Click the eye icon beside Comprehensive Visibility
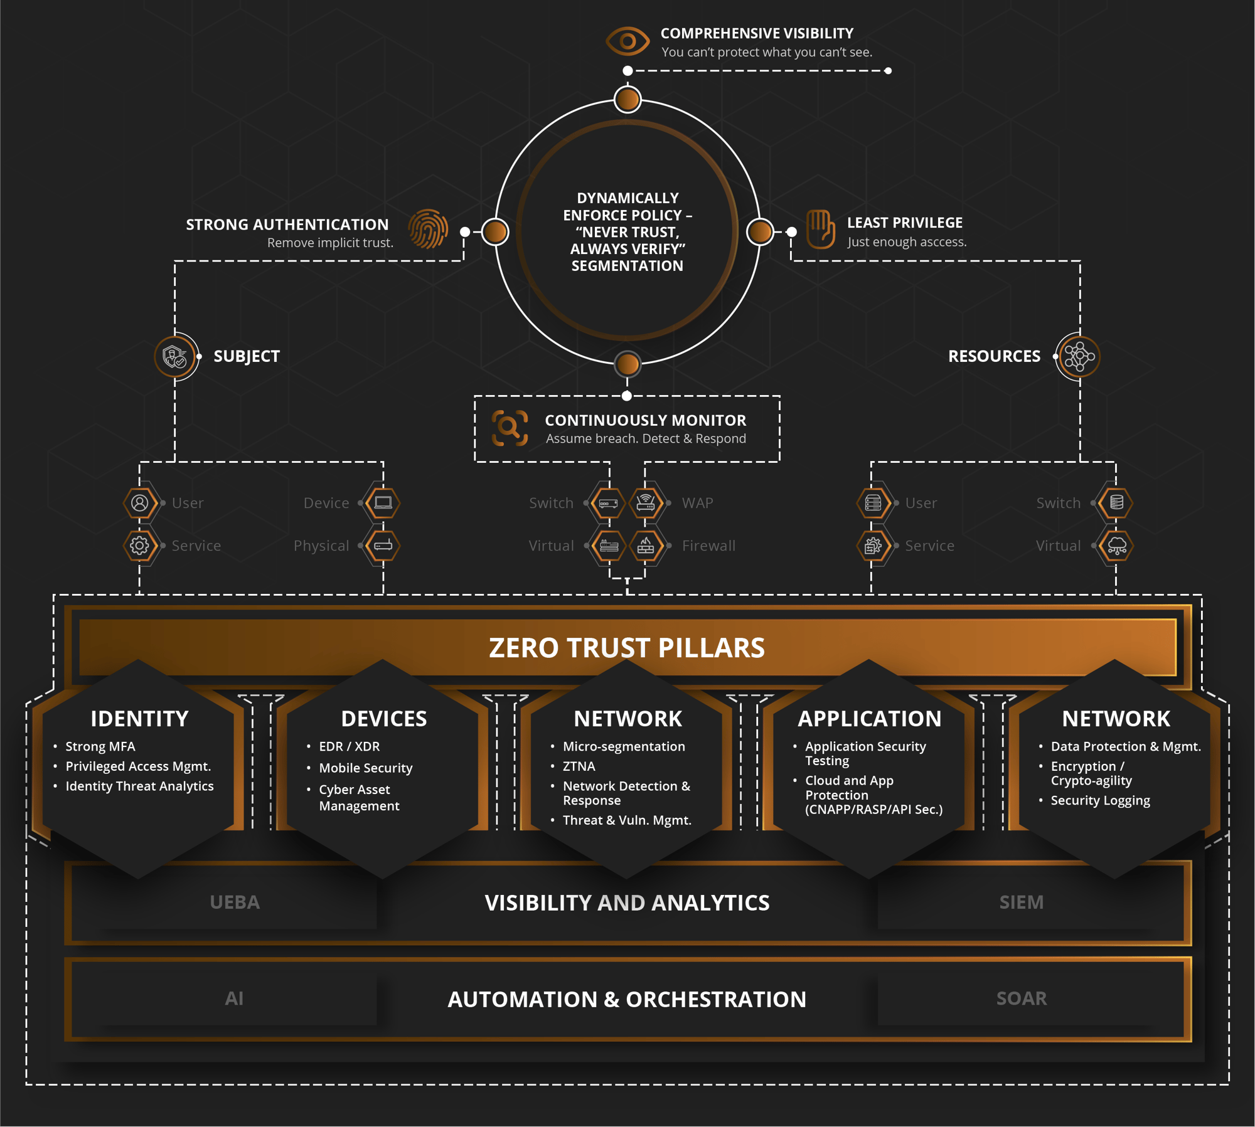(627, 41)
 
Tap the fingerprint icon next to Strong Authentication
(428, 229)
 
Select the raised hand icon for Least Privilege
(820, 229)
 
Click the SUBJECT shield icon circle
(175, 357)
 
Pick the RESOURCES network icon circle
(1079, 357)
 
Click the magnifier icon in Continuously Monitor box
(509, 428)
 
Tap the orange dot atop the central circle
(627, 99)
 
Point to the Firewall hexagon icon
(646, 546)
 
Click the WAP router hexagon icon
(646, 503)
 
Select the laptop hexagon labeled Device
(383, 503)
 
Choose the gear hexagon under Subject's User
(139, 546)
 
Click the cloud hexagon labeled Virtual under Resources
(1116, 546)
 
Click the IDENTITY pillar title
(139, 719)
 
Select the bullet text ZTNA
(579, 766)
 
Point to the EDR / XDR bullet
(349, 746)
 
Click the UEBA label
(234, 902)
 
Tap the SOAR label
(1021, 998)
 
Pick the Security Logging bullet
(1100, 800)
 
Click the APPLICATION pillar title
(869, 719)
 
